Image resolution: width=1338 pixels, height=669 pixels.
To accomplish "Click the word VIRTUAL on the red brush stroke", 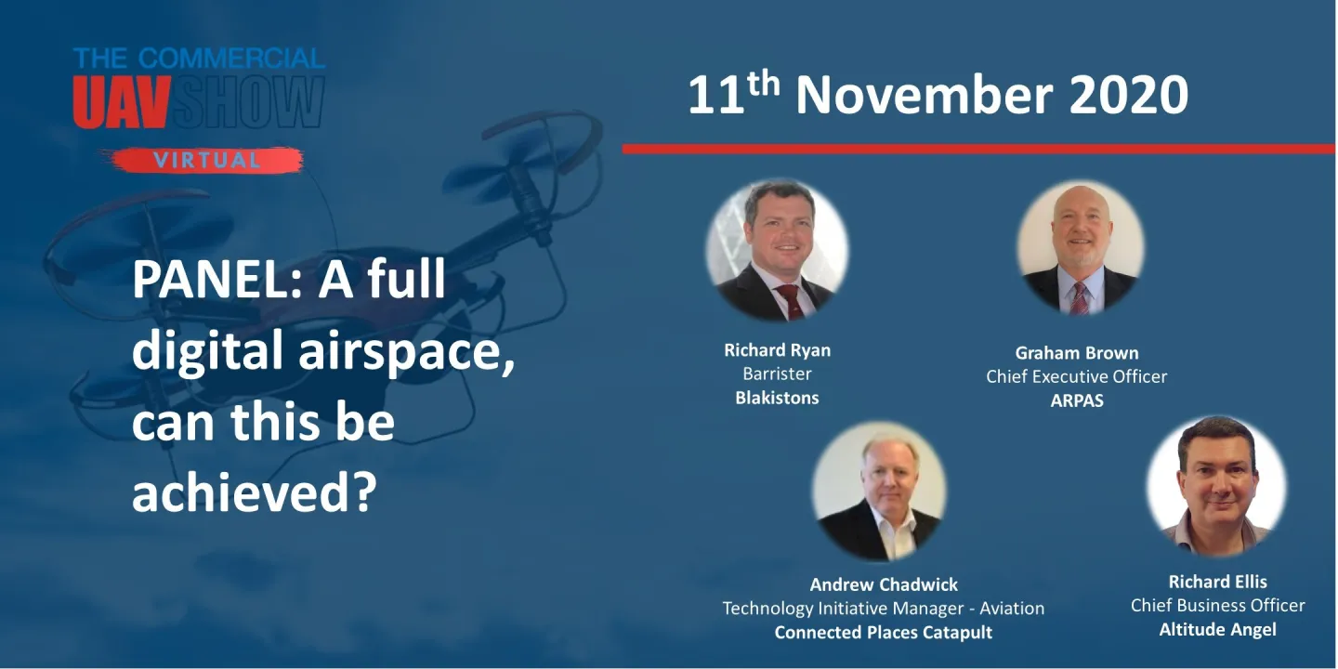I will click(206, 160).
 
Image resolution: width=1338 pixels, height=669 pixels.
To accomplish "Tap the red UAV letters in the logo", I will click(121, 103).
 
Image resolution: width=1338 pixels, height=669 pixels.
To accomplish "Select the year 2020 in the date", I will click(1129, 96).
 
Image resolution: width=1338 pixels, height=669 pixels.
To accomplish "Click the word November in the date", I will click(925, 96).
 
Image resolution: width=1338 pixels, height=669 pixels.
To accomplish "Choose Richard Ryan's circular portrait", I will click(777, 251).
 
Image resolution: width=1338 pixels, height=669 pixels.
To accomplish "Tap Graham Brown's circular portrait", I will click(1080, 249).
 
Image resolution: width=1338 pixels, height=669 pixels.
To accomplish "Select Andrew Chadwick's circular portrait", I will click(880, 492).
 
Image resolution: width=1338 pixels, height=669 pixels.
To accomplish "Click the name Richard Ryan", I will click(777, 350).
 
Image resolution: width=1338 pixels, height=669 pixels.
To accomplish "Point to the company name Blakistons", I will click(777, 398).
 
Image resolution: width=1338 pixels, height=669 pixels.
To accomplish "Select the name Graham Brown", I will click(1076, 353).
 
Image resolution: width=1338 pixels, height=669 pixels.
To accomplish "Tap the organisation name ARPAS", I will click(1076, 401).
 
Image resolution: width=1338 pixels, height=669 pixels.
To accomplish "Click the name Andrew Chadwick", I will click(884, 584).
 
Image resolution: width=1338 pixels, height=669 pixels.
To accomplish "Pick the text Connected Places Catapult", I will click(884, 633).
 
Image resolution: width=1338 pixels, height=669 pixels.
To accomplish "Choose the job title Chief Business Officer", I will click(1217, 606).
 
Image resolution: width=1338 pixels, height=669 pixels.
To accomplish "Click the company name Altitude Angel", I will click(1217, 630).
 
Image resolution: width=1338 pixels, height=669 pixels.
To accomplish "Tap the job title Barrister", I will click(777, 374).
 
